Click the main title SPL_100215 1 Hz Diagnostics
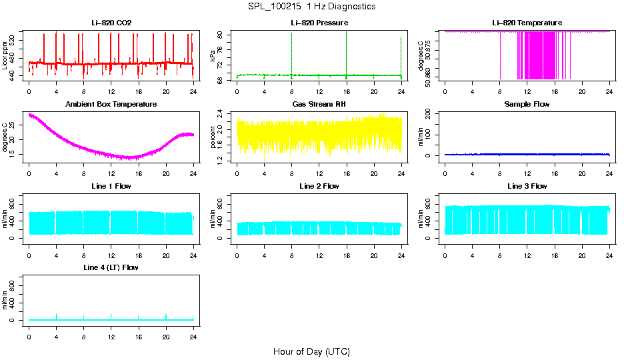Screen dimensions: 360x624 [x=311, y=7]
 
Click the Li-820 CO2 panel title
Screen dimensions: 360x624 [x=111, y=23]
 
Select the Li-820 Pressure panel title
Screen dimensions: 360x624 [x=319, y=23]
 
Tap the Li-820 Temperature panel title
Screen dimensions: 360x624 [x=527, y=23]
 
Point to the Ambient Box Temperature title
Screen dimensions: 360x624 [x=111, y=105]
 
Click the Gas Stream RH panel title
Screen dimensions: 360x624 [x=319, y=105]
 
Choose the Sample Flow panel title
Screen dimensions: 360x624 [x=527, y=105]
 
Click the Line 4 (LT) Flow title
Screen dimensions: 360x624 [x=111, y=267]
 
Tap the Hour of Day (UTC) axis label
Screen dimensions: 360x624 [x=311, y=351]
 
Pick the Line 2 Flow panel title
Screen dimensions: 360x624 [x=319, y=186]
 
